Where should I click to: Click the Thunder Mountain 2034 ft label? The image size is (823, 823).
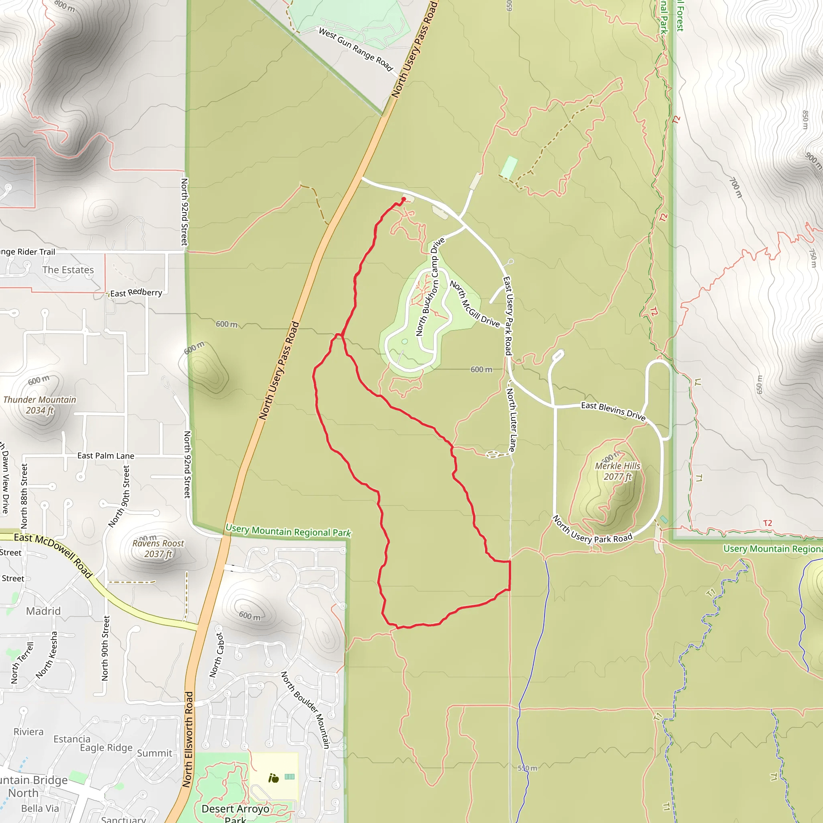(40, 405)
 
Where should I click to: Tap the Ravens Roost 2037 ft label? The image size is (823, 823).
(158, 549)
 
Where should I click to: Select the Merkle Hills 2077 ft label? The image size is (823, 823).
(617, 471)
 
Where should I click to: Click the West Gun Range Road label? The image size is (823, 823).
(356, 49)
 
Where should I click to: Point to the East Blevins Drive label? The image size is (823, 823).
(613, 411)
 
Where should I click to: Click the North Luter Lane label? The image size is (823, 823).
(511, 420)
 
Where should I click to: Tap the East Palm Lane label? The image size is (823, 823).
(106, 456)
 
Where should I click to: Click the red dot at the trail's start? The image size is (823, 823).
(404, 199)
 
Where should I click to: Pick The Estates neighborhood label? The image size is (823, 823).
(68, 270)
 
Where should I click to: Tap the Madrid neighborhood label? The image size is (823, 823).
(43, 611)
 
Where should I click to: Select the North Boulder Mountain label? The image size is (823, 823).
(305, 710)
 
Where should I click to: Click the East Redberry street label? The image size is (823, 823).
(136, 293)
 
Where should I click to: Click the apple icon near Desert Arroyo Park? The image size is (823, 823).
(274, 779)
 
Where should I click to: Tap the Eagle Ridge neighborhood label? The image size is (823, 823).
(106, 747)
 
